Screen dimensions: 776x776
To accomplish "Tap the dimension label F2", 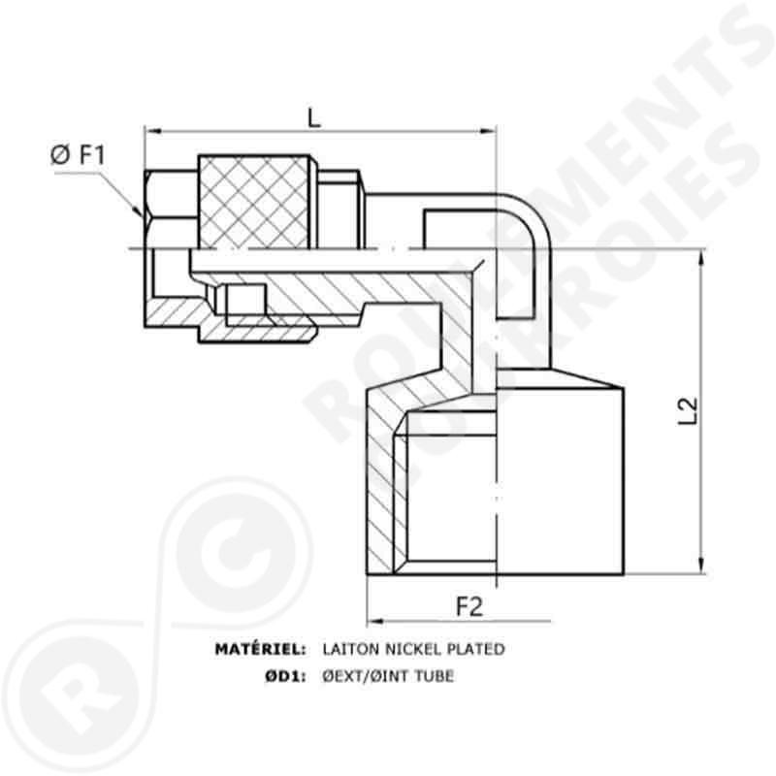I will (469, 607).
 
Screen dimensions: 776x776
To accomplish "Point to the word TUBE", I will (433, 676).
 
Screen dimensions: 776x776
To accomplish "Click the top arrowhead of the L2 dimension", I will (699, 254).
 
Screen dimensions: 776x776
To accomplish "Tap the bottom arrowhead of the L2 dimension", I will (699, 566).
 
